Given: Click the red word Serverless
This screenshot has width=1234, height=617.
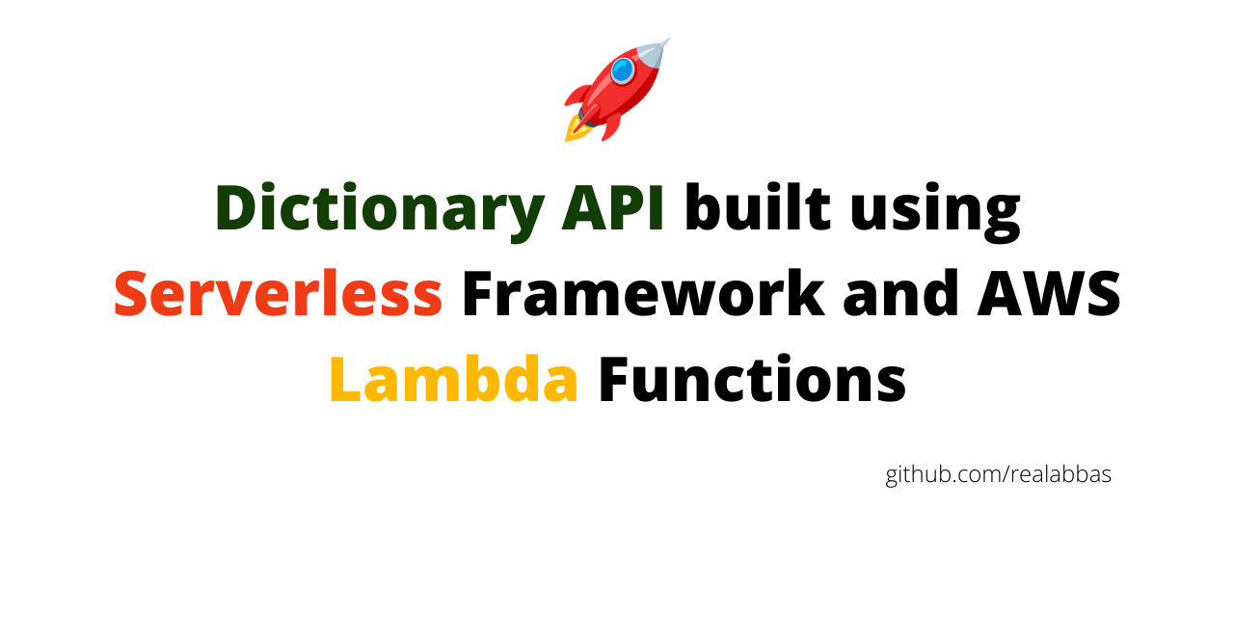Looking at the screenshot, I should (278, 294).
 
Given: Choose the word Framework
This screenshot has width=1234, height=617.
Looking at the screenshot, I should (643, 294).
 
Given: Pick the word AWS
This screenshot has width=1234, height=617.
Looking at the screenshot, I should (1049, 294).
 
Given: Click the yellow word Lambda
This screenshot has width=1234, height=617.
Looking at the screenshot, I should (453, 379).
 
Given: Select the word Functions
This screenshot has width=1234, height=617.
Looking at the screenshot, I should (752, 379).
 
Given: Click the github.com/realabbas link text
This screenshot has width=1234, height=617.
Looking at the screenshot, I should (998, 475).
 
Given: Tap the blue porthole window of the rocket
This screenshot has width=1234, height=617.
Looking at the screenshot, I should (623, 70).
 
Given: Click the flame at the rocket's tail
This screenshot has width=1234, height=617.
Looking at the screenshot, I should (577, 128).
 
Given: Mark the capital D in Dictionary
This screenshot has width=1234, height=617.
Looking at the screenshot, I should (236, 208).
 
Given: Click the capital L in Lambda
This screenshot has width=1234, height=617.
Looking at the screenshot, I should (342, 379).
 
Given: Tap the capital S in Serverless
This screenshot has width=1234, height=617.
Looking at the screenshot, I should (131, 294).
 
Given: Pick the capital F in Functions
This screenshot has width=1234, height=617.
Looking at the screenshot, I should (614, 379).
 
